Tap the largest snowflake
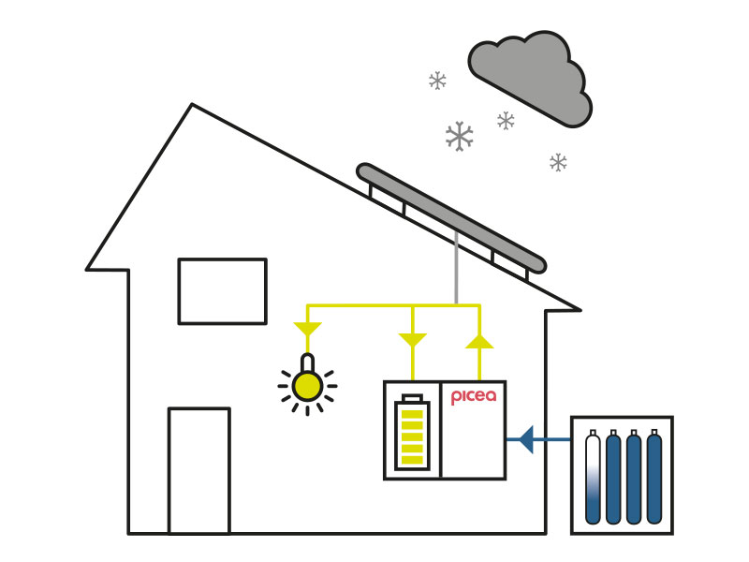click(x=459, y=136)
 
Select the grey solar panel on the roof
click(x=451, y=218)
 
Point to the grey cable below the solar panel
click(x=457, y=268)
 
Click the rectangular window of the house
click(x=222, y=291)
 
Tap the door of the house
click(x=199, y=470)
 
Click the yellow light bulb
click(x=308, y=385)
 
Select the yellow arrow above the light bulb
click(x=308, y=330)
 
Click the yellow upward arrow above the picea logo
click(x=479, y=341)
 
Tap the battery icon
click(x=412, y=432)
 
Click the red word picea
click(x=474, y=396)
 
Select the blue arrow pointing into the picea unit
click(x=538, y=439)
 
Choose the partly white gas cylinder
click(x=593, y=477)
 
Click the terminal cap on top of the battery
click(x=412, y=397)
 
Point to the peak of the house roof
click(x=192, y=104)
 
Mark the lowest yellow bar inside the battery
click(x=412, y=459)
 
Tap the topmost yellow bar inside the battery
click(x=412, y=414)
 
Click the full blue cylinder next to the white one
click(x=613, y=477)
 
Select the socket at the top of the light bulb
click(x=308, y=362)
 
